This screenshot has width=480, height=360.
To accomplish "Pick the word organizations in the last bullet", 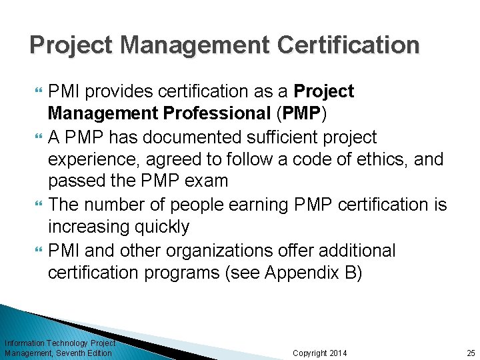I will (228, 251).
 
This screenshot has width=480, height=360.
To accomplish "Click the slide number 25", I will (471, 353).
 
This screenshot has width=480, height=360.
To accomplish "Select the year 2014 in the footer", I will (337, 353).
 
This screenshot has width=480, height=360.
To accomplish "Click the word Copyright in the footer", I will (309, 353).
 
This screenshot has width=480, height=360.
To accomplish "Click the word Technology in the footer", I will (71, 343).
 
